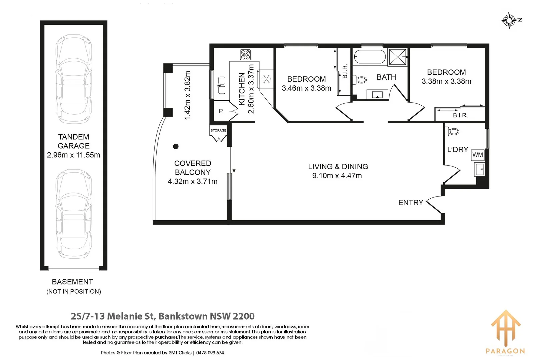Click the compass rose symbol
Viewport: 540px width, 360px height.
point(509,20)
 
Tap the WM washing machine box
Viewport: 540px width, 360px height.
point(477,155)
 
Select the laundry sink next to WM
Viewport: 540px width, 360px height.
point(479,169)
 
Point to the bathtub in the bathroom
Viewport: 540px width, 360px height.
point(369,57)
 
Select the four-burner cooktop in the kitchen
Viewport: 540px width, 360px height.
point(245,54)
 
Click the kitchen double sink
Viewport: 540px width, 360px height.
point(222,85)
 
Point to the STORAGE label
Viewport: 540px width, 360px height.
point(218,130)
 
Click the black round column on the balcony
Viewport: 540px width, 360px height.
point(176,146)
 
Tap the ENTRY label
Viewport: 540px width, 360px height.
point(411,203)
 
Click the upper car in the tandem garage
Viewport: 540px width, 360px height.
point(73,79)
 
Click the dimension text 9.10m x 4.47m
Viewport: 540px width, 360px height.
point(337,176)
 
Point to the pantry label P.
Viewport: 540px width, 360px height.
point(221,111)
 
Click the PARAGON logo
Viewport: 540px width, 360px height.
point(505,332)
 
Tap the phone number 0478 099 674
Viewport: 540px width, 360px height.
point(210,353)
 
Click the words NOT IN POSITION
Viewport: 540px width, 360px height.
point(74,292)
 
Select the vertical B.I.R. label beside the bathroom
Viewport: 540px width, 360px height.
point(345,71)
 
